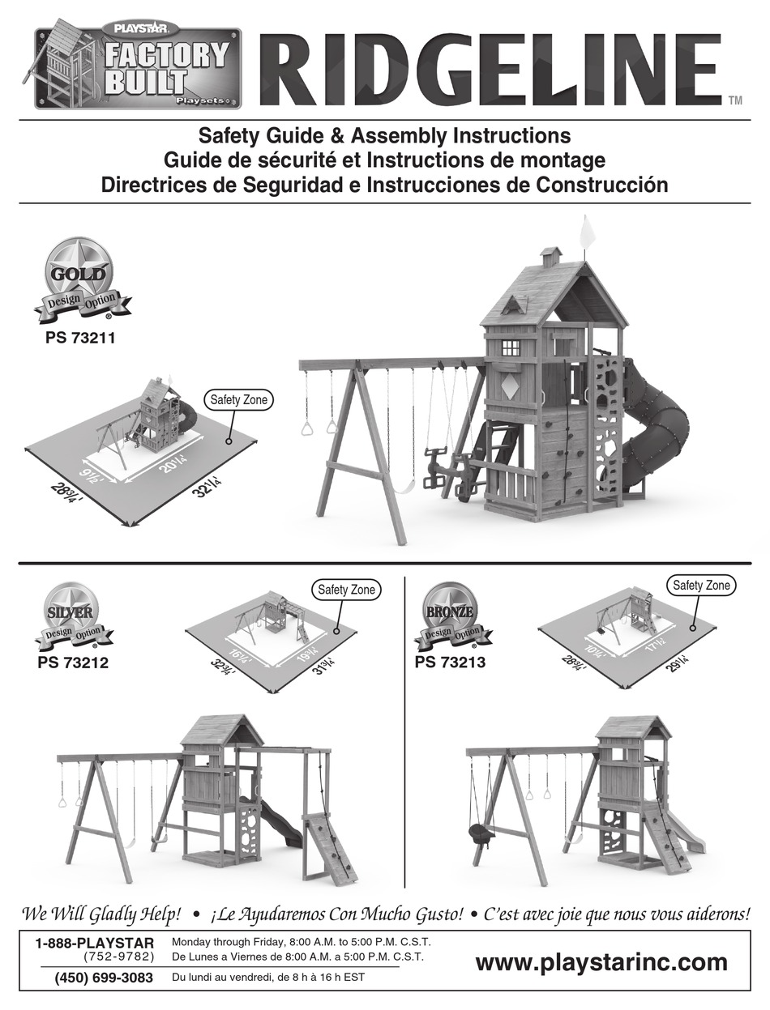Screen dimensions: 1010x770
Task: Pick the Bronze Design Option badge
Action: [448, 618]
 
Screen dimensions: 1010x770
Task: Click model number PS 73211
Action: [80, 339]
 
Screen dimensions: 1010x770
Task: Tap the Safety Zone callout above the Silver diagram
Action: [346, 590]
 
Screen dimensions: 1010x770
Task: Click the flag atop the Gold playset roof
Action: [586, 232]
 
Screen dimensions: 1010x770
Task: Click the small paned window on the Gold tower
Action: [511, 347]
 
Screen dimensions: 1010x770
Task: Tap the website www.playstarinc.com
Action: [601, 962]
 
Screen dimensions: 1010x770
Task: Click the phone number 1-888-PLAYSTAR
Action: [95, 943]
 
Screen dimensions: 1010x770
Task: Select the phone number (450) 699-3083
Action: [104, 978]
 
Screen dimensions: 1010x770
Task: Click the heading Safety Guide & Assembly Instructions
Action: [384, 135]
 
